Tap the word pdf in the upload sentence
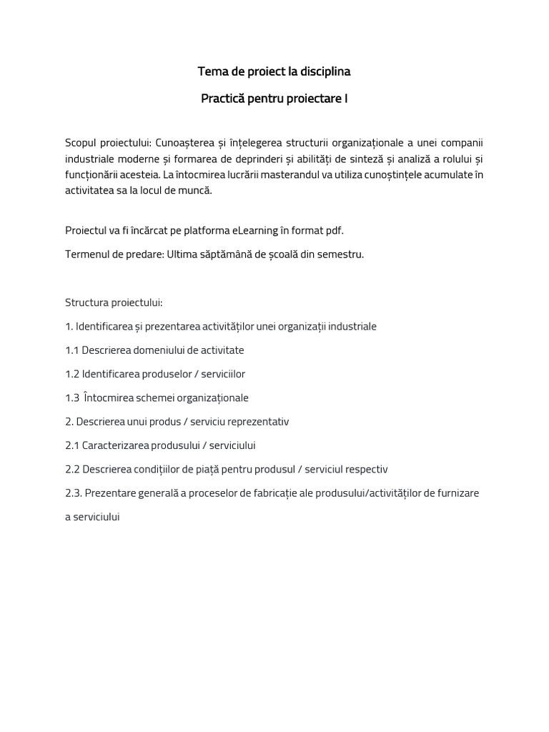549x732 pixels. pos(325,230)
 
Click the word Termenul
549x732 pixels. pos(86,254)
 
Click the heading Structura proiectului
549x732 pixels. pos(114,302)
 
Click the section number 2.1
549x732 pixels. pos(72,445)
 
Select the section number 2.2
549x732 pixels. pos(72,469)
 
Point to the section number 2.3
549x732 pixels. pos(74,493)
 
